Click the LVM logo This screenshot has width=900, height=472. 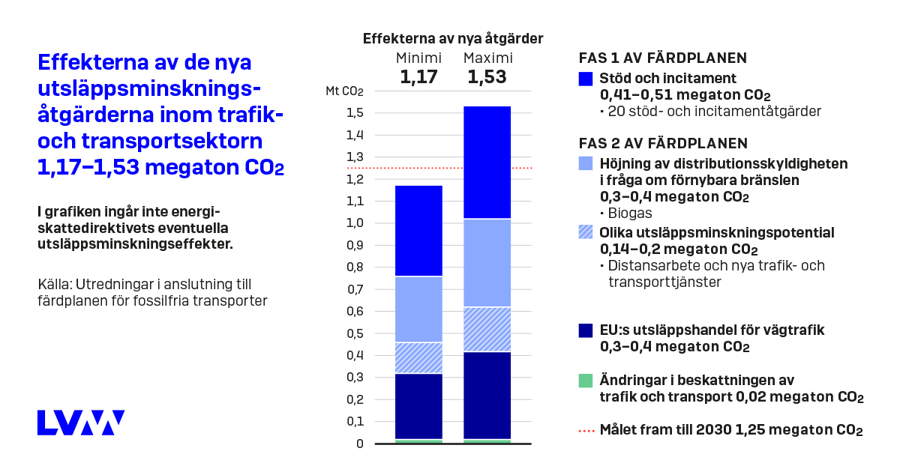coord(81,423)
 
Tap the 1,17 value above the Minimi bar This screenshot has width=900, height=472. coord(418,77)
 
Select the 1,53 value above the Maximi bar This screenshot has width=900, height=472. coord(487,77)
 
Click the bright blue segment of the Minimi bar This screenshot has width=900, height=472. coord(418,231)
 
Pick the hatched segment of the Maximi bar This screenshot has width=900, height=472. coord(487,329)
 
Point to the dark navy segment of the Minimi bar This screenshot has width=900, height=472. coord(418,406)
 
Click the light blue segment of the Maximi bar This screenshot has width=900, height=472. coord(487,263)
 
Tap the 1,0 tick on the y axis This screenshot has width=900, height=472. coord(355,223)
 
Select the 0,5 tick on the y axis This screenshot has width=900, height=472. coord(355,333)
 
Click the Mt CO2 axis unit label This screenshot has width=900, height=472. coord(344,91)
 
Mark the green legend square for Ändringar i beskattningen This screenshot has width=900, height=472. coord(586,381)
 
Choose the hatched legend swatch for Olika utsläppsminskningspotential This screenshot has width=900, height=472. coord(586,233)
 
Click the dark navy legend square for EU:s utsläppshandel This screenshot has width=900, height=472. coord(586,330)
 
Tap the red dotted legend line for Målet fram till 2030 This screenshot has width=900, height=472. coord(586,431)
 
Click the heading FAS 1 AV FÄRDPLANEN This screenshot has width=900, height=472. coord(663,58)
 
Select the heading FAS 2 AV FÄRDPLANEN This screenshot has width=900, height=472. coord(664,143)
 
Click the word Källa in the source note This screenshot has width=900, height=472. coord(52,285)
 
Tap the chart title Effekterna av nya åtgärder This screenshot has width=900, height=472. coord(453,39)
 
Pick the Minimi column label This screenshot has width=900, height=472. coord(418,58)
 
